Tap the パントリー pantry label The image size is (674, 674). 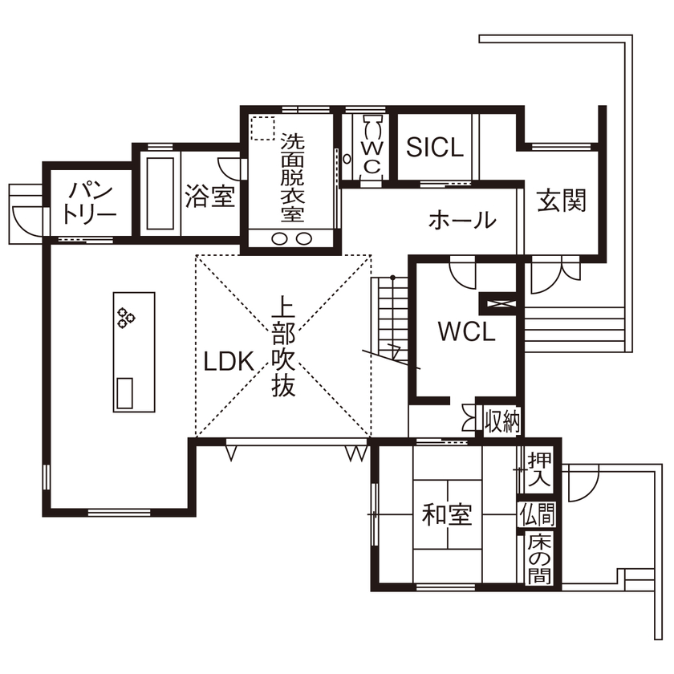tap(92, 202)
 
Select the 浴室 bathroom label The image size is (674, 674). tap(210, 197)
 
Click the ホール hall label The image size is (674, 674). tap(461, 219)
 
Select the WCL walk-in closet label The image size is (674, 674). tap(466, 331)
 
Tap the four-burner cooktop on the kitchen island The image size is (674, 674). tap(126, 317)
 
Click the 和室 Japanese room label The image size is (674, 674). tap(447, 514)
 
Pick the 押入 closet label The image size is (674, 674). tap(538, 470)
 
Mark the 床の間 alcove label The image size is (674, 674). tap(538, 558)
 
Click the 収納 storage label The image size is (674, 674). tap(502, 421)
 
